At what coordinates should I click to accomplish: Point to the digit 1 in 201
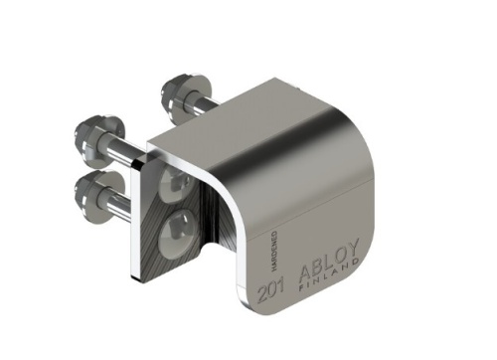[x=279, y=291]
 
